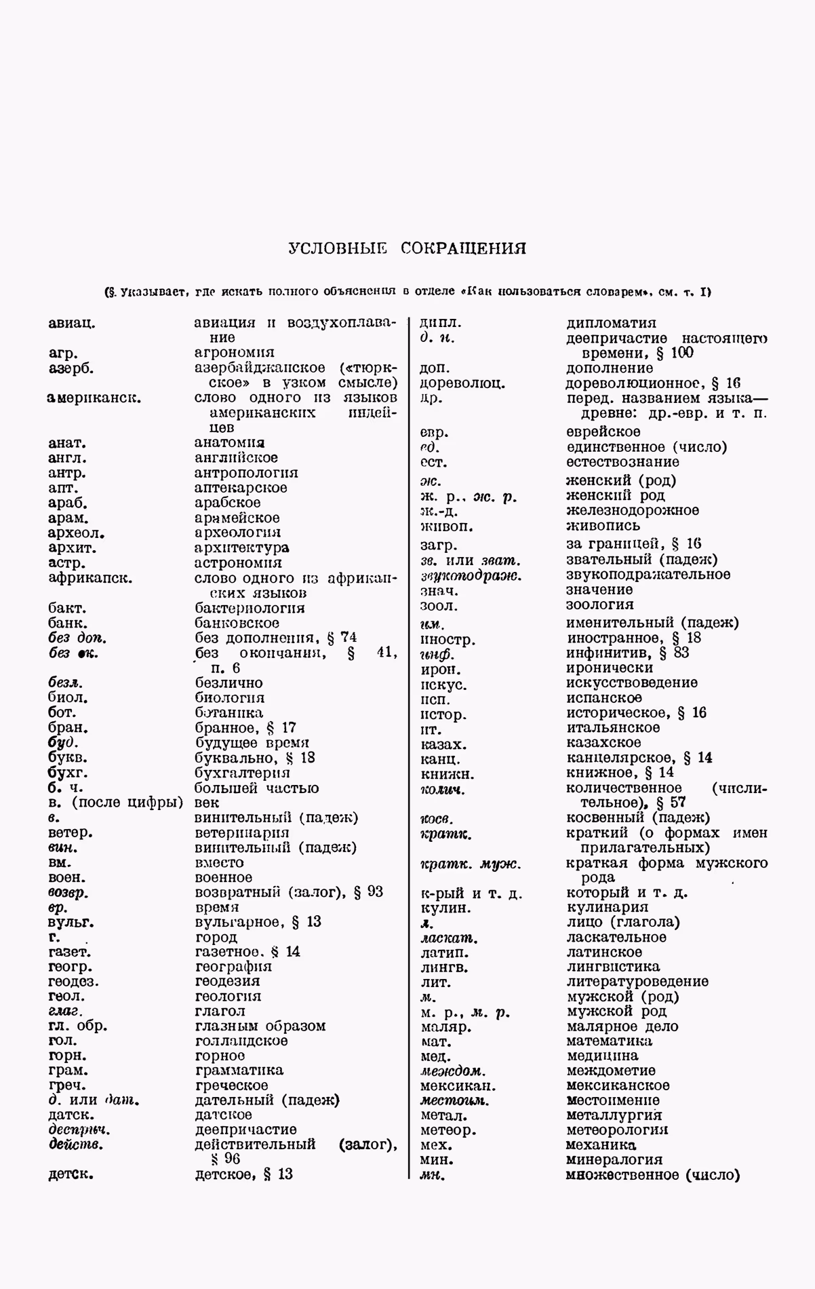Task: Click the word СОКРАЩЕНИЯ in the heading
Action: click(463, 248)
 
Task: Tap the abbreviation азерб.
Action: click(71, 368)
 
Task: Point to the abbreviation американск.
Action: click(94, 398)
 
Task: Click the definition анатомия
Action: click(229, 443)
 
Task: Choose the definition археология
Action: click(237, 533)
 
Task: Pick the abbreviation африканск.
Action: click(90, 578)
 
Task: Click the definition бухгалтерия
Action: click(242, 773)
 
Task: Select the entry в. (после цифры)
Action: click(115, 803)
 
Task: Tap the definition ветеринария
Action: click(242, 832)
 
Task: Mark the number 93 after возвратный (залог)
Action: click(375, 892)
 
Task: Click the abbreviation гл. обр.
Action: click(78, 1026)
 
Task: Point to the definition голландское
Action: click(241, 1041)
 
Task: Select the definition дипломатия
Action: click(611, 323)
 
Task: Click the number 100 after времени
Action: click(682, 353)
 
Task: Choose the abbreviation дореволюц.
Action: click(462, 383)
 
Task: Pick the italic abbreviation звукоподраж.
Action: click(471, 575)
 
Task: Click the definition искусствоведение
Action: click(632, 682)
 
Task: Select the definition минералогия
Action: click(614, 1159)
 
